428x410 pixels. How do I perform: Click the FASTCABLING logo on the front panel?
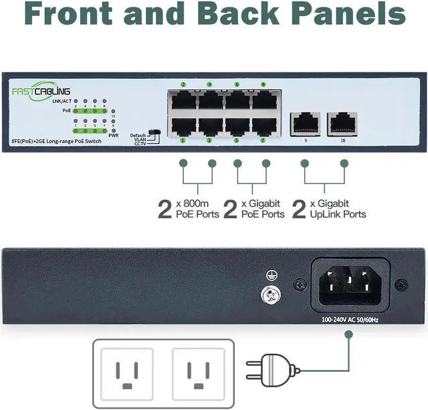pyautogui.click(x=41, y=92)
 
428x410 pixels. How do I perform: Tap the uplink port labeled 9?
pyautogui.click(x=304, y=123)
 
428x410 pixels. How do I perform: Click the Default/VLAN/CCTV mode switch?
pyautogui.click(x=156, y=134)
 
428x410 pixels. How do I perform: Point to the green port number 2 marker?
pyautogui.click(x=183, y=84)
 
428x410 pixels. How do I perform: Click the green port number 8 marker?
pyautogui.click(x=263, y=84)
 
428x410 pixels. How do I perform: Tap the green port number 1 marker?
pyautogui.click(x=183, y=141)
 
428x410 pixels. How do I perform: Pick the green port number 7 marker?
pyautogui.click(x=263, y=141)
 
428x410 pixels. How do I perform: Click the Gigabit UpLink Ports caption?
pyautogui.click(x=338, y=209)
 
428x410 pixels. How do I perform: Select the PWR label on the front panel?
pyautogui.click(x=113, y=134)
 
